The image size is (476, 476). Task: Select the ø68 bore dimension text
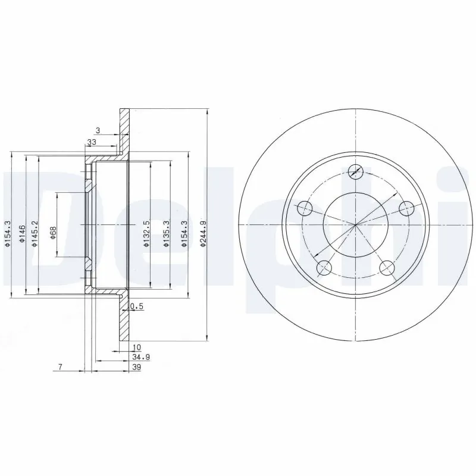pyautogui.click(x=53, y=233)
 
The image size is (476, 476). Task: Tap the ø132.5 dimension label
pyautogui.click(x=145, y=233)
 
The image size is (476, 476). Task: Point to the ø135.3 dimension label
pyautogui.click(x=167, y=233)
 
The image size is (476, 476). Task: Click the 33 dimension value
pyautogui.click(x=92, y=142)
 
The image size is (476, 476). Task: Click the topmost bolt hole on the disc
pyautogui.click(x=355, y=171)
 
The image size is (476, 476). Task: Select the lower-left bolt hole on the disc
pyautogui.click(x=323, y=268)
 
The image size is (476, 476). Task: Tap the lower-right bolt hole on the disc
pyautogui.click(x=387, y=268)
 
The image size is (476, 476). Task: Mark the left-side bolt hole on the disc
pyautogui.click(x=305, y=208)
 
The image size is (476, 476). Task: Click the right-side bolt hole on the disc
pyautogui.click(x=406, y=208)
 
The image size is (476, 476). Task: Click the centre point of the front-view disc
pyautogui.click(x=355, y=225)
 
